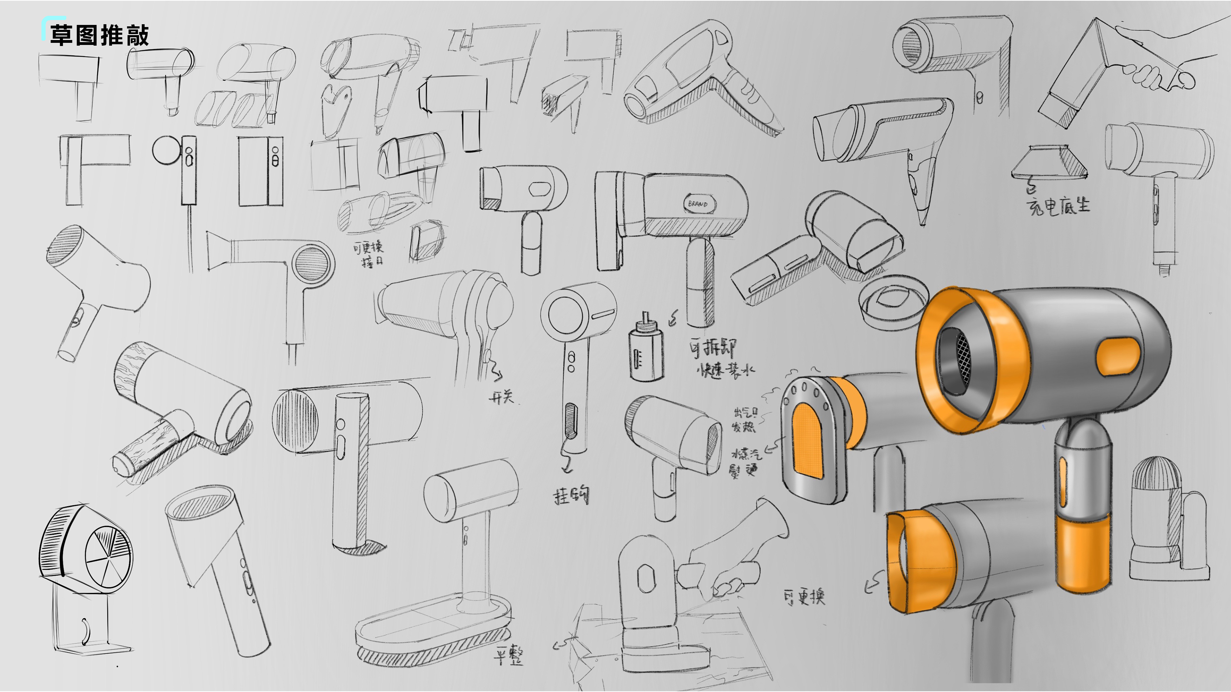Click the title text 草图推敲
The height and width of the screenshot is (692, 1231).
99,35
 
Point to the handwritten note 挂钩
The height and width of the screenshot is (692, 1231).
571,496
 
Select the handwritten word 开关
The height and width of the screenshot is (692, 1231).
501,397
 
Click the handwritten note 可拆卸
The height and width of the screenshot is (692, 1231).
713,348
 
